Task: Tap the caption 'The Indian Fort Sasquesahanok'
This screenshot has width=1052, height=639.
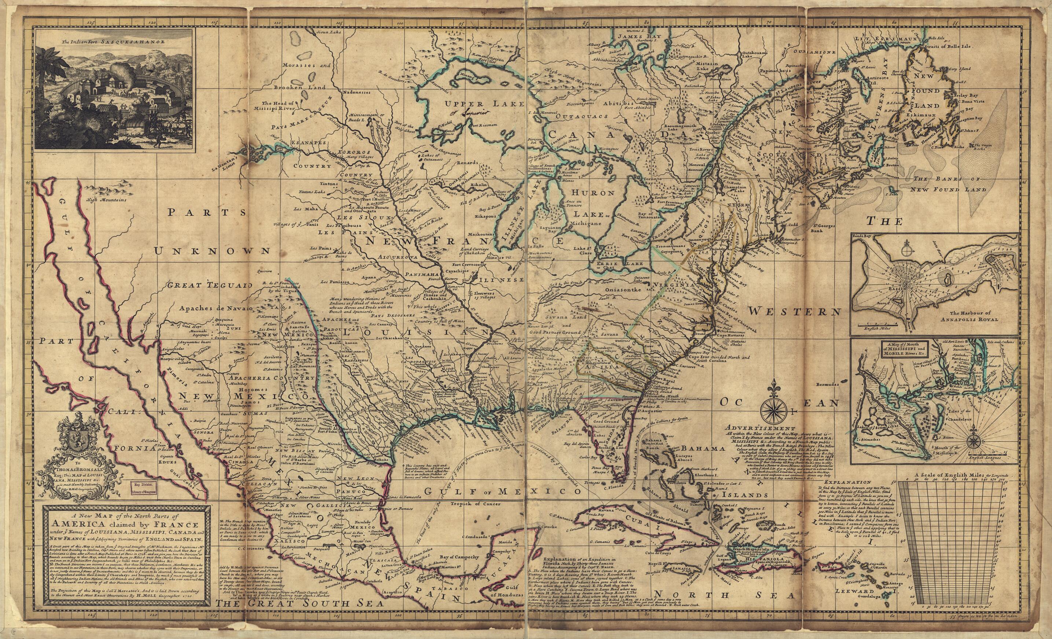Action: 105,42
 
